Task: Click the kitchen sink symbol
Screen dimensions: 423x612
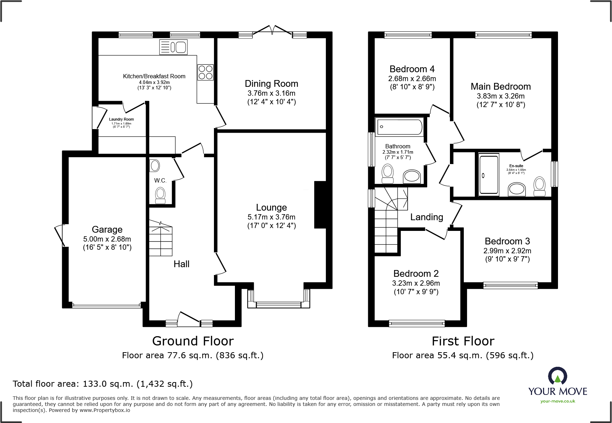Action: (173, 47)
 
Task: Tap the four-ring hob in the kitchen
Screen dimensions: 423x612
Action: (205, 72)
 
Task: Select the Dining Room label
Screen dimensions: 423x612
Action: (271, 84)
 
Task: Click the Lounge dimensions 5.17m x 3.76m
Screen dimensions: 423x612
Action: (271, 217)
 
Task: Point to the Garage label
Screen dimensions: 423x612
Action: (107, 229)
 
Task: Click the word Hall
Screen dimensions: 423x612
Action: (181, 264)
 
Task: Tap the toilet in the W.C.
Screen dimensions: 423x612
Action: (160, 195)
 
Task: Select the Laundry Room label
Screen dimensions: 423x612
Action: (121, 120)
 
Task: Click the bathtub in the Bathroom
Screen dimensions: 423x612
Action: (400, 127)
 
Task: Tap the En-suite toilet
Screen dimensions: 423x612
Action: (539, 186)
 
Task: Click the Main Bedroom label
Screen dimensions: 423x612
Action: (500, 86)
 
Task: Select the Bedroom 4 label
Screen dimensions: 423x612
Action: (412, 69)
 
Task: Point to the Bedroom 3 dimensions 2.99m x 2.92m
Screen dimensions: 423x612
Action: (507, 251)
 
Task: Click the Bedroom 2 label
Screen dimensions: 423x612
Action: (416, 274)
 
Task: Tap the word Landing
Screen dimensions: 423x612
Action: (426, 217)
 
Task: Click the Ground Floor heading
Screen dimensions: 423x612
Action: (193, 341)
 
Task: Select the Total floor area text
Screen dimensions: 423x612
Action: (103, 384)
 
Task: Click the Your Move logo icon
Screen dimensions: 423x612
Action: (557, 376)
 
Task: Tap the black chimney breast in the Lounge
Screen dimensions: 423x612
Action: (320, 205)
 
